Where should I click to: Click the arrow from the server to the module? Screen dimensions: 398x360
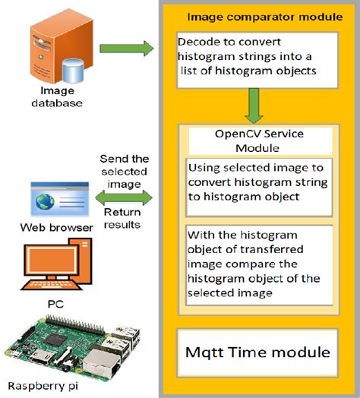[126, 50]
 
